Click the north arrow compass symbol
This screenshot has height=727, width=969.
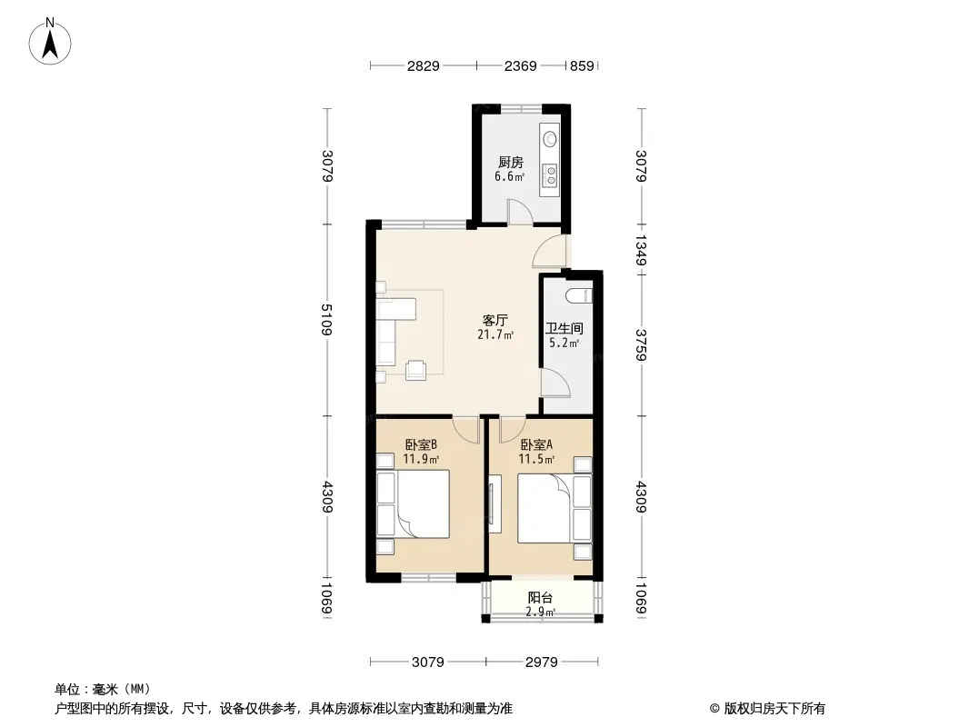click(x=50, y=42)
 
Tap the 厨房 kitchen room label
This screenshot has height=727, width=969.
click(x=511, y=163)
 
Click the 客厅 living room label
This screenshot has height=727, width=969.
click(x=495, y=321)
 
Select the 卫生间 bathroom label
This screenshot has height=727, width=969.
click(x=564, y=329)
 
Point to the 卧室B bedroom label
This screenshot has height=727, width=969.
click(x=421, y=444)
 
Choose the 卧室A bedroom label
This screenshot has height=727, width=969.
click(x=536, y=444)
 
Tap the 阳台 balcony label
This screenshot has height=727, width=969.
click(x=540, y=598)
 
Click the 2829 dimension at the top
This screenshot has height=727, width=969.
click(x=424, y=65)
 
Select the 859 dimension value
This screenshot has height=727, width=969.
click(x=582, y=65)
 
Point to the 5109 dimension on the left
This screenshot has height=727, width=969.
click(x=327, y=320)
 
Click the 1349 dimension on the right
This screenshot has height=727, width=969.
click(x=641, y=250)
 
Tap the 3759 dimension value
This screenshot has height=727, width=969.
click(x=641, y=345)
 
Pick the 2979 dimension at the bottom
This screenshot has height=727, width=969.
click(x=542, y=662)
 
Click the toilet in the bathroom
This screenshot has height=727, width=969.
click(x=579, y=295)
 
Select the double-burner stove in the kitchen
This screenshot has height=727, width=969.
click(x=549, y=175)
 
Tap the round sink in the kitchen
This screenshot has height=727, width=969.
click(x=549, y=139)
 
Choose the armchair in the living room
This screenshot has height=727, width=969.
click(x=415, y=369)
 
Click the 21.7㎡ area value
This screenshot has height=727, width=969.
click(x=495, y=334)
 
